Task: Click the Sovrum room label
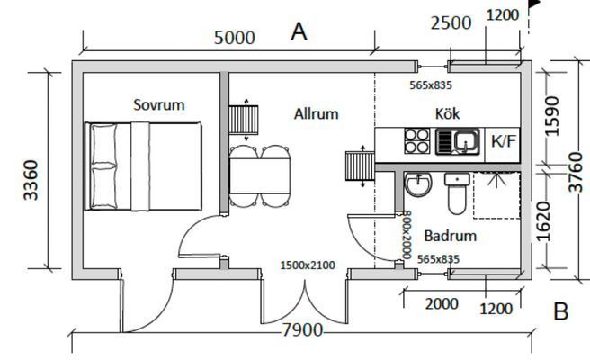point(159,104)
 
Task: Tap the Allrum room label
point(316,113)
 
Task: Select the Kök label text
point(448,113)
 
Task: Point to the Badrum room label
point(450,237)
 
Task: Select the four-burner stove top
point(417,140)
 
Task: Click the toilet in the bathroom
point(456,195)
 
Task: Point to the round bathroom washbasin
point(418,186)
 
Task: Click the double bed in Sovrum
point(142,166)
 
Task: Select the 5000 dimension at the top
point(234,38)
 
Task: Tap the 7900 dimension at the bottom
point(302,330)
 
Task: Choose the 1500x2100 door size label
point(308,265)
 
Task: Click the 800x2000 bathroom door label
point(407,234)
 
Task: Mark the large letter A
point(299,31)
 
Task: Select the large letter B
point(561,312)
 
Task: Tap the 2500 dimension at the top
point(451,22)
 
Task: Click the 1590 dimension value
point(552,116)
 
